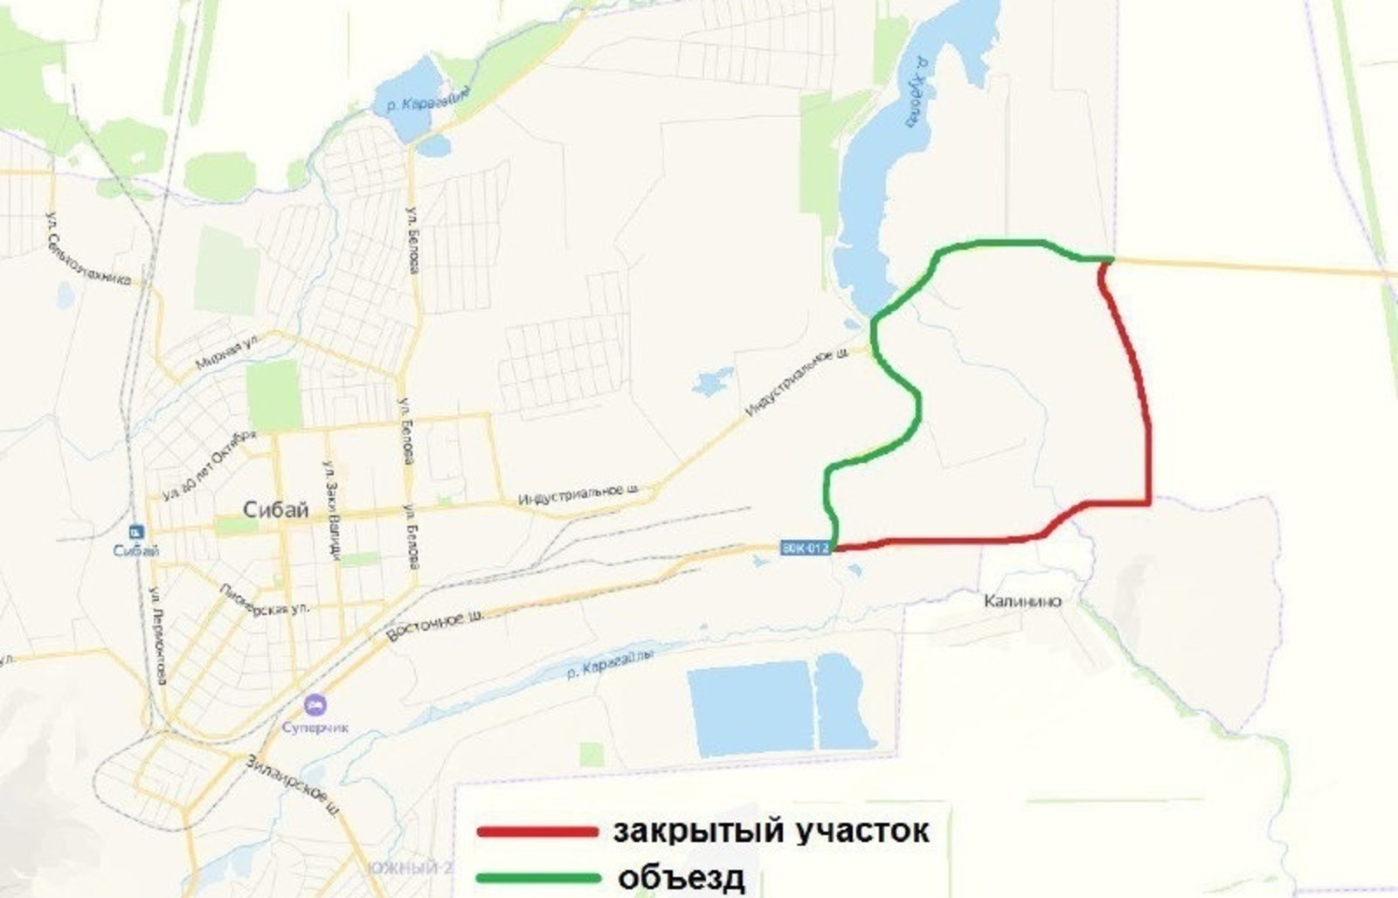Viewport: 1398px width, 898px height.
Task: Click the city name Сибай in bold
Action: click(275, 510)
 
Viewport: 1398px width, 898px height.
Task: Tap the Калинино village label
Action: click(1022, 601)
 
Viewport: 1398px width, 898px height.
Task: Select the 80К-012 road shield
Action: click(804, 548)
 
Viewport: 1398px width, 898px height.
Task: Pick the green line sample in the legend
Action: click(537, 877)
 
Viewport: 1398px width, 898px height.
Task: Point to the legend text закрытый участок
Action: click(771, 831)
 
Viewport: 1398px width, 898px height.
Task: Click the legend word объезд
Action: click(682, 877)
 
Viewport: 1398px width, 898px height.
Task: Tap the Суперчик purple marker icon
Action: click(315, 703)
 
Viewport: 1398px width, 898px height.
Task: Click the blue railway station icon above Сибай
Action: click(136, 531)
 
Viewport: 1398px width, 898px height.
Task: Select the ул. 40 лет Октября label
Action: click(208, 463)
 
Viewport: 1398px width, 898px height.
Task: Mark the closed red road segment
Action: click(1147, 419)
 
